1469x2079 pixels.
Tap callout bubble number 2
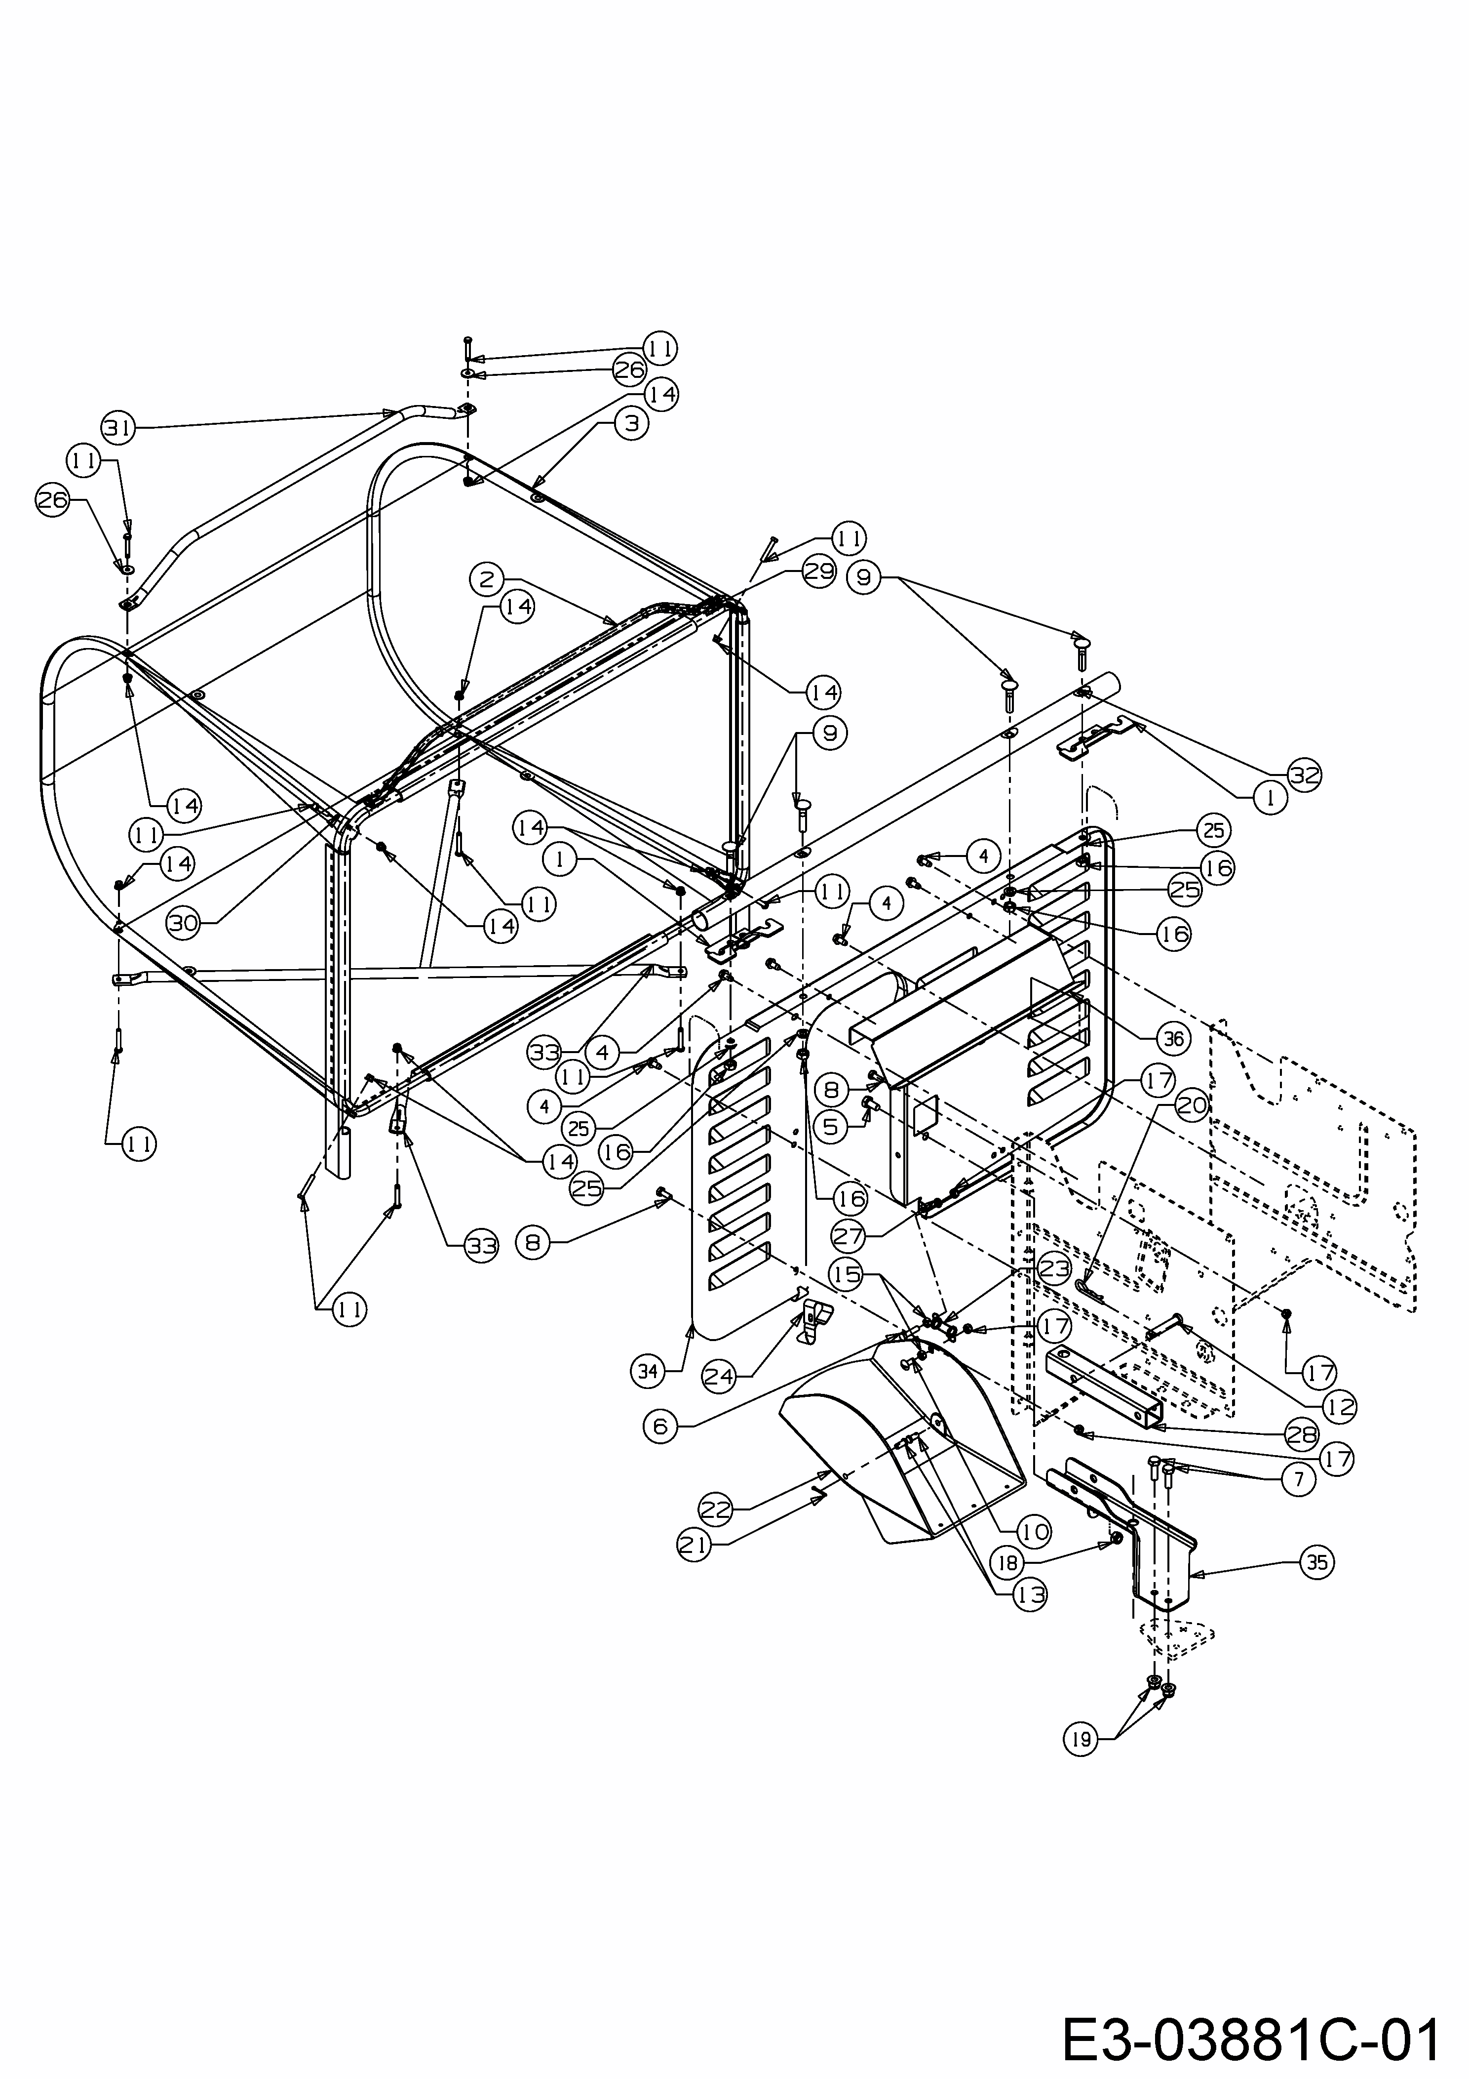pyautogui.click(x=487, y=578)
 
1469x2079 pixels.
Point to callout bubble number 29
pyautogui.click(x=818, y=573)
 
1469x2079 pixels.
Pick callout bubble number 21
pyautogui.click(x=694, y=1546)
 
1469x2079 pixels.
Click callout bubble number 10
pyautogui.click(x=1034, y=1532)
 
